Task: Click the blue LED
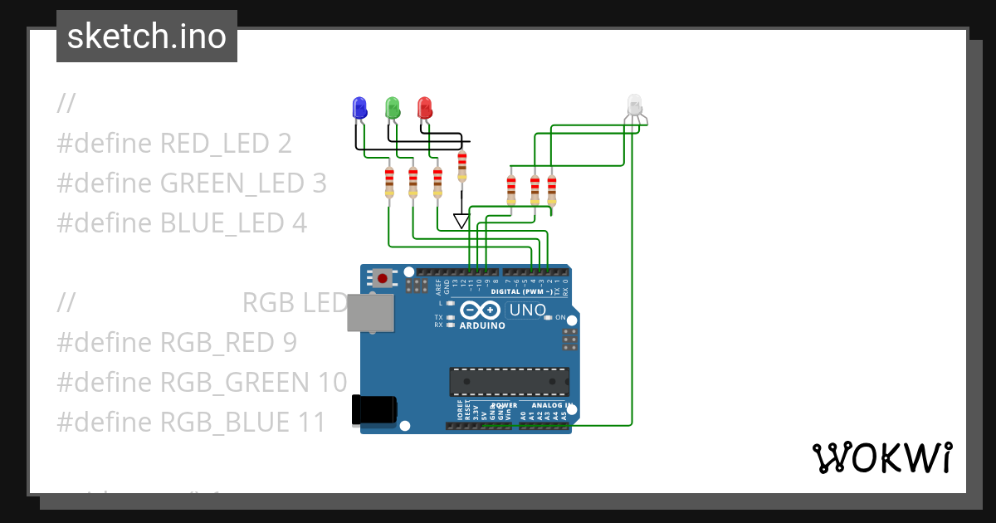pos(359,108)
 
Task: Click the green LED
pos(392,108)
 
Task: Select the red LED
pos(424,108)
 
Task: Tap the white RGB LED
pos(634,105)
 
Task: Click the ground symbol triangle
pos(461,221)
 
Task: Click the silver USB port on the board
pos(370,313)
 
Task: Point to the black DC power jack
pos(374,409)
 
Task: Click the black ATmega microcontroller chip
pos(509,381)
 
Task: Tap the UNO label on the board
pos(527,310)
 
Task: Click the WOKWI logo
pos(881,457)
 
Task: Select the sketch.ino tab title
pos(147,37)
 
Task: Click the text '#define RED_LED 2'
pos(174,144)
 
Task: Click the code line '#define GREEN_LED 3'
pos(192,183)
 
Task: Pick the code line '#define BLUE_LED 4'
pos(182,222)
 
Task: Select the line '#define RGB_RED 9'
pos(177,342)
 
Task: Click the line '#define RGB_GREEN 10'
pos(202,382)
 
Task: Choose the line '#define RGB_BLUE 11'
pos(192,422)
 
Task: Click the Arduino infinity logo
pos(481,310)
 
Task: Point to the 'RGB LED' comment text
pos(295,303)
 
